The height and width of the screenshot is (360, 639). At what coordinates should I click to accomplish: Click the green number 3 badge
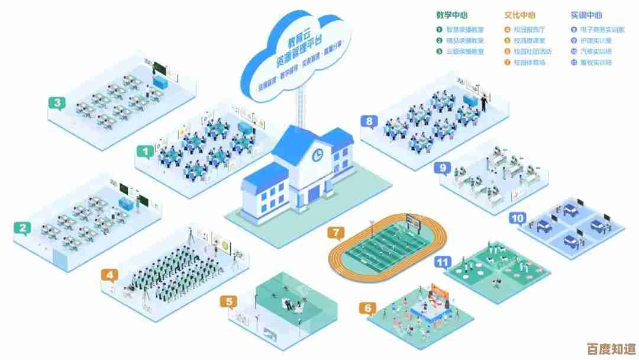(x=56, y=103)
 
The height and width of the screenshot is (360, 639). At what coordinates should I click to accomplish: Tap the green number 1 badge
(x=145, y=152)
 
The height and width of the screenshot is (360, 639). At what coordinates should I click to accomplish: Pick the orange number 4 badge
(x=109, y=275)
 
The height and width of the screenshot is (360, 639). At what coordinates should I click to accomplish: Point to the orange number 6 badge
(x=368, y=308)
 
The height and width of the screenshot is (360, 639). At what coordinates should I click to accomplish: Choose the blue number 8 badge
(x=369, y=122)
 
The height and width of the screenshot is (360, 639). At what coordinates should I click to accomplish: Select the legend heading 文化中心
(x=520, y=15)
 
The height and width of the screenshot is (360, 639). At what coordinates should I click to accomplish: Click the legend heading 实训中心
(x=587, y=15)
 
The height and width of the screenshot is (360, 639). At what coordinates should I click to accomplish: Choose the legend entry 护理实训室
(x=595, y=40)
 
